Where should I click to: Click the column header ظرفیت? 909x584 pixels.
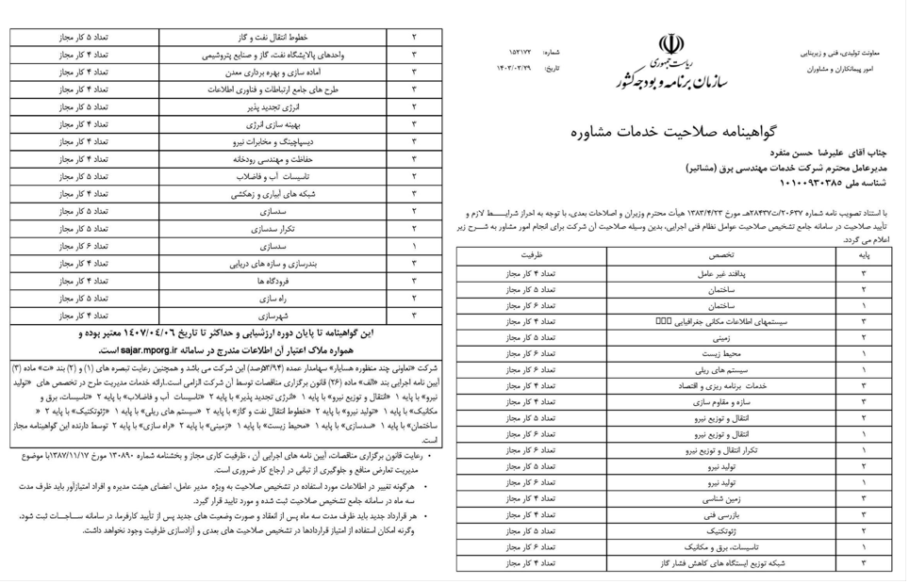535,254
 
